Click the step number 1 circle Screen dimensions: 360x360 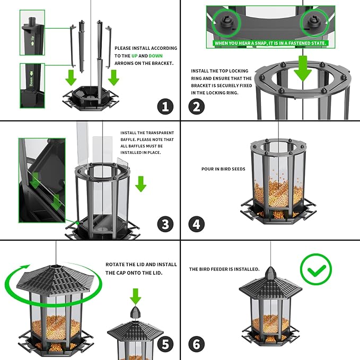pyautogui.click(x=165, y=106)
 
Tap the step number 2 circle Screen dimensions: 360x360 pyautogui.click(x=197, y=106)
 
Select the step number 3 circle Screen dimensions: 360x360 pyautogui.click(x=165, y=224)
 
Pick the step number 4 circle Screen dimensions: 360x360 pyautogui.click(x=197, y=224)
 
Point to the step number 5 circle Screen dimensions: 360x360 pyautogui.click(x=165, y=344)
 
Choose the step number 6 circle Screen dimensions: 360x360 pyautogui.click(x=197, y=344)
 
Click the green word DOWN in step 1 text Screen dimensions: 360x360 pyautogui.click(x=156, y=55)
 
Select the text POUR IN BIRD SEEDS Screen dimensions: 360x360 pyautogui.click(x=223, y=169)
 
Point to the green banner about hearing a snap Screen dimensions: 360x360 pyautogui.click(x=270, y=43)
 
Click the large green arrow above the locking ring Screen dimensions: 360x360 pyautogui.click(x=302, y=68)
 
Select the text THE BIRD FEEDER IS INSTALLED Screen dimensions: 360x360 pyautogui.click(x=224, y=269)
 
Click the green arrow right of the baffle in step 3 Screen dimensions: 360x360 pyautogui.click(x=141, y=184)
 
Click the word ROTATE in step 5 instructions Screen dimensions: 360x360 pyautogui.click(x=116, y=265)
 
